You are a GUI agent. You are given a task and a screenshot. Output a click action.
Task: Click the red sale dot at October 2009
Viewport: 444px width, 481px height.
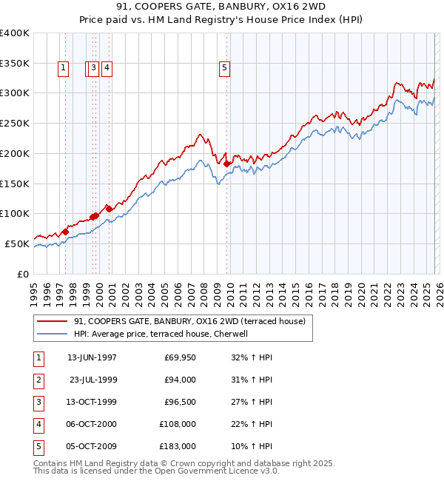click(226, 164)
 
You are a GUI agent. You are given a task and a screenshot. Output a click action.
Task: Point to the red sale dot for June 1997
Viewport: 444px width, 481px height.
click(65, 232)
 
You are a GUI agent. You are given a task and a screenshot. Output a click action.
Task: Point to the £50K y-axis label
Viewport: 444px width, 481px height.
click(17, 243)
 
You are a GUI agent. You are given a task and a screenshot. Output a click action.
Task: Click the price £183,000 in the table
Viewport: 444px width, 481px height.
click(178, 446)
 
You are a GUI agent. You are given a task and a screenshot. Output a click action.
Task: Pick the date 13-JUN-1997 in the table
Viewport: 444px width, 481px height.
click(92, 357)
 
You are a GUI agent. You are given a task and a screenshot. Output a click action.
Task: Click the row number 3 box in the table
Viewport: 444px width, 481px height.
click(38, 402)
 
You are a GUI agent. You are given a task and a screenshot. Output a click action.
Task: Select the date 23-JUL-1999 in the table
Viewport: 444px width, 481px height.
click(92, 380)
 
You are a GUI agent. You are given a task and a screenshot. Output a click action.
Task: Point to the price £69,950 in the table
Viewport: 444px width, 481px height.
click(181, 357)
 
